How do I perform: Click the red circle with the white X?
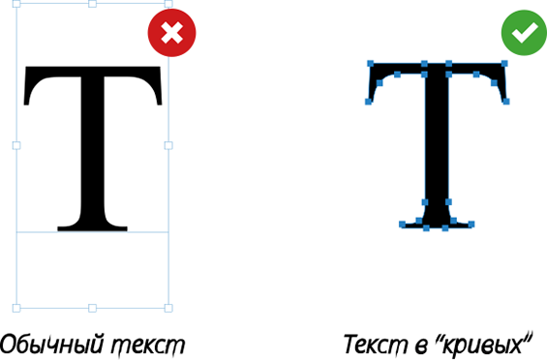point(171,33)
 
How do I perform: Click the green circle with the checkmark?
point(525,33)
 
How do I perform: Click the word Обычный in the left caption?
point(52,345)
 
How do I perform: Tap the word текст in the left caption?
point(148,345)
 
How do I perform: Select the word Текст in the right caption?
point(376,345)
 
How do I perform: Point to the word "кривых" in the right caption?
point(484,344)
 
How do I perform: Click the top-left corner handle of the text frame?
point(16,4)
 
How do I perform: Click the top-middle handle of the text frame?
point(92,4)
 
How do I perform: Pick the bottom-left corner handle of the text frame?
point(16,308)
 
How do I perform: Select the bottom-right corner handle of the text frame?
point(168,308)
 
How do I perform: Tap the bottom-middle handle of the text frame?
point(92,308)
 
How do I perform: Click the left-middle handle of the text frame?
point(16,145)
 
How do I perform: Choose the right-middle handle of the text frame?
point(168,145)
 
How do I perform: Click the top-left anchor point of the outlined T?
point(371,64)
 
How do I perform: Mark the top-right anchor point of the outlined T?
point(504,63)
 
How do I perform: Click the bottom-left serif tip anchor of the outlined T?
point(402,225)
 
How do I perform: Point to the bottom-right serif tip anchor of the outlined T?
point(471,225)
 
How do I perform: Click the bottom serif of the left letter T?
point(92,227)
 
